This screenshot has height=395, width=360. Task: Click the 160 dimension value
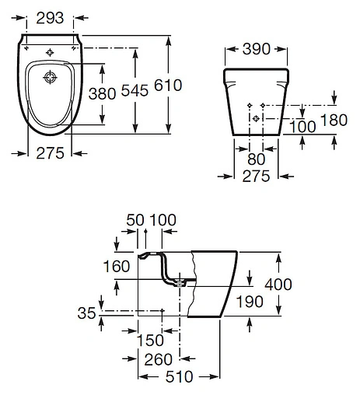pos(117,267)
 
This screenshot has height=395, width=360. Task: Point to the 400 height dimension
pos(278,285)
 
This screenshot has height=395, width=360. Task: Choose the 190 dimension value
pos(250,300)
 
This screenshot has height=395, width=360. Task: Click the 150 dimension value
pos(149,340)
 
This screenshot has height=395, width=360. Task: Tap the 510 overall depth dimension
pos(177,377)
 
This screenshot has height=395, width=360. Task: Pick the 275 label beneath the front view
pos(255,177)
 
